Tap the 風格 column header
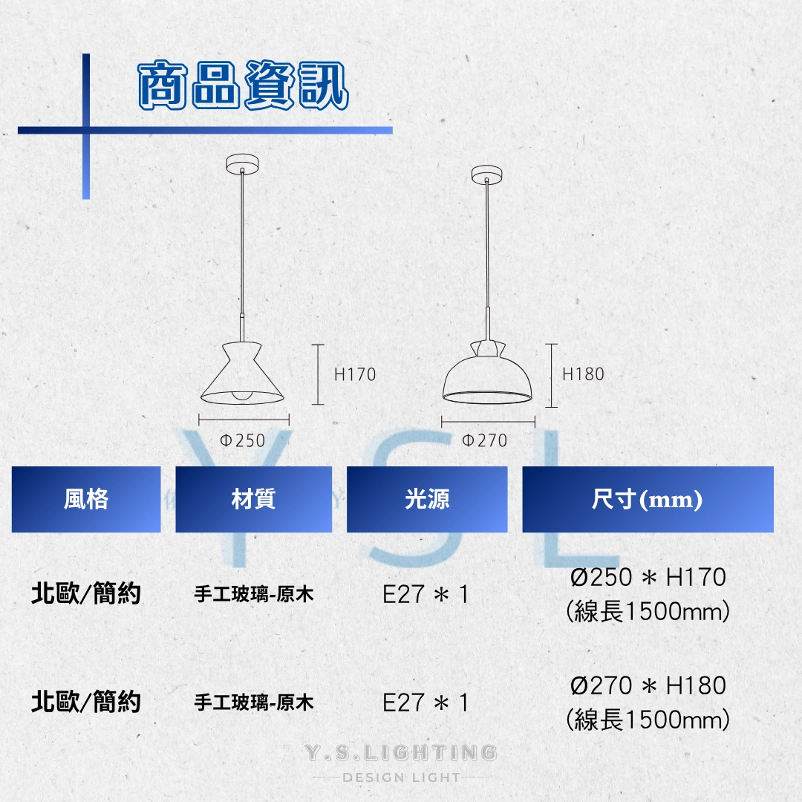pos(86,499)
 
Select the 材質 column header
pos(253,499)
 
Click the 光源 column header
pos(427,499)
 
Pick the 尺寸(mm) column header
pos(647,499)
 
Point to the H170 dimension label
pos(355,375)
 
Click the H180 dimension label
pos(583,374)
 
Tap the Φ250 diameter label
pos(242,440)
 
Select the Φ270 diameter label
pos(485,440)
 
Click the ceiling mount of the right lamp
pos(487,174)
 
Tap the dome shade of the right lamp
pos(487,379)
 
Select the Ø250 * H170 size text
pos(648,577)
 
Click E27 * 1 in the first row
pos(426,595)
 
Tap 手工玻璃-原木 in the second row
pos(254,702)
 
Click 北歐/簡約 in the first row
pos(86,594)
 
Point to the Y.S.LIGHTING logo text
pos(401,753)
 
